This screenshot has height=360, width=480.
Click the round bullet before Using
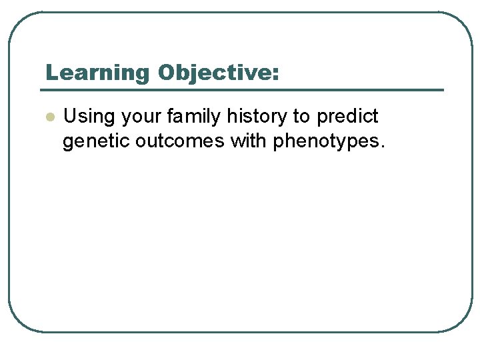[49, 117]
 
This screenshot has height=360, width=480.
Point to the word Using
[88, 117]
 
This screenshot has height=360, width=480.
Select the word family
[194, 117]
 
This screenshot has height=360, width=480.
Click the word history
[257, 117]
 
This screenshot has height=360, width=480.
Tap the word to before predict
[301, 117]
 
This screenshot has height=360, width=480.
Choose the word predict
[348, 117]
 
